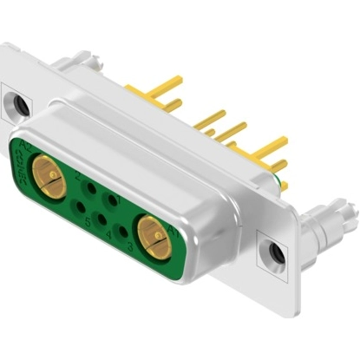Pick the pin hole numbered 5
click(x=82, y=206)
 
